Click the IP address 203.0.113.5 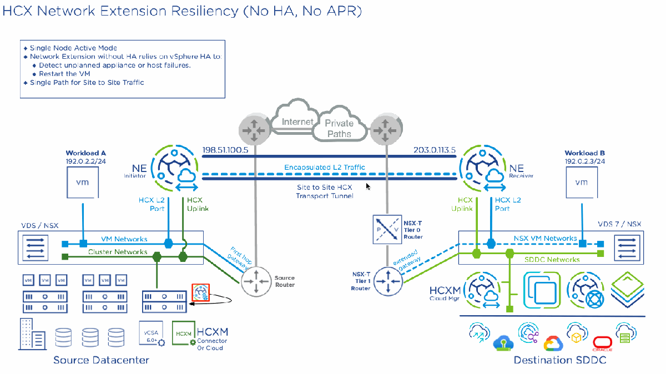(435, 150)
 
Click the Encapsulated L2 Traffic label (325, 167)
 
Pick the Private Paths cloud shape (339, 128)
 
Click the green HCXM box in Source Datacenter (184, 333)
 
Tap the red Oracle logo (602, 342)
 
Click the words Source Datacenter (101, 360)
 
